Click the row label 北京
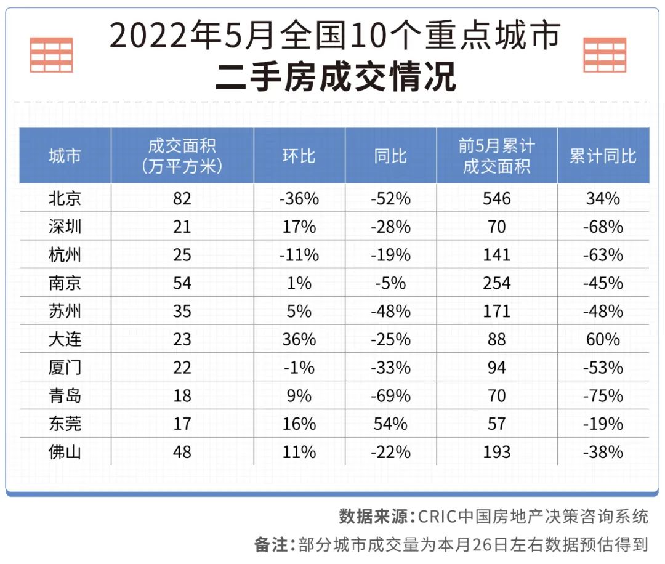coord(65,198)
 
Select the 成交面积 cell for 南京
coord(182,283)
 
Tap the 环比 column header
coord(299,156)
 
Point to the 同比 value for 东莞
coord(390,424)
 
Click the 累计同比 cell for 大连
coord(603,339)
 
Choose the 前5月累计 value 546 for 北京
coord(496,198)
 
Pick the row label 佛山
coord(65,452)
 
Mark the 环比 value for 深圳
coord(299,227)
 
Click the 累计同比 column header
coord(603,156)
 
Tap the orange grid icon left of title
coord(52,55)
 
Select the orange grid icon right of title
coord(605,55)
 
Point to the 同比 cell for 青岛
coord(390,395)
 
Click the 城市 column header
coord(65,156)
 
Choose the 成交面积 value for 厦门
coord(182,368)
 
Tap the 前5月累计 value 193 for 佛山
coord(496,452)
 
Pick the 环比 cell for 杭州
coord(299,255)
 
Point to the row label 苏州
coord(65,311)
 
